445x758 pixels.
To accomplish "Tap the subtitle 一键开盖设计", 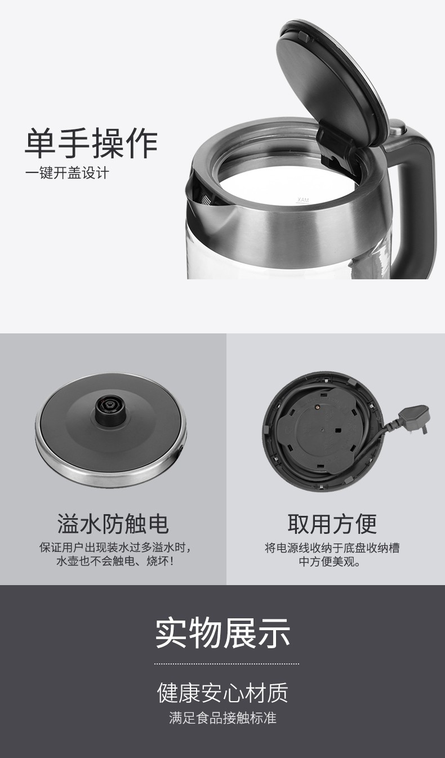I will pyautogui.click(x=66, y=173).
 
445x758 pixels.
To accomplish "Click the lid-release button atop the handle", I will pyautogui.click(x=398, y=126).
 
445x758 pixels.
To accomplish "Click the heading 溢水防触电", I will pyautogui.click(x=113, y=524).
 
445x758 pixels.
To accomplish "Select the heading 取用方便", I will pyautogui.click(x=332, y=524).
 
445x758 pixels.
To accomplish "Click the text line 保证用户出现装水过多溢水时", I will pyautogui.click(x=115, y=547).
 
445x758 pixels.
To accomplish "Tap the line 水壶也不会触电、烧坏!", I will pyautogui.click(x=115, y=562).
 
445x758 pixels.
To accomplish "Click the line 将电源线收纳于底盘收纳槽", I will pyautogui.click(x=332, y=547).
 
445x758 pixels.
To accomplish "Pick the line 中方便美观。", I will pyautogui.click(x=330, y=562).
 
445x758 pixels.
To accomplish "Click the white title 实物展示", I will pyautogui.click(x=223, y=633).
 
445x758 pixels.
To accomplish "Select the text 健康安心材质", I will pyautogui.click(x=223, y=693).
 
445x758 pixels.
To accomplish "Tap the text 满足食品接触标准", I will pyautogui.click(x=223, y=718).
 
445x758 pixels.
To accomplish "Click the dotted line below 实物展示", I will pyautogui.click(x=226, y=664).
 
